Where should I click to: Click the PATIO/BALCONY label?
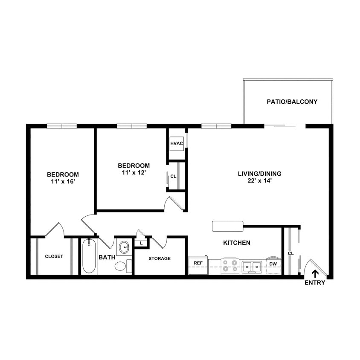(x=292, y=102)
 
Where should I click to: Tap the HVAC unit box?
(x=177, y=143)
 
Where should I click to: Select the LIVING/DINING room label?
(x=259, y=174)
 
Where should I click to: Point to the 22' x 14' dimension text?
(x=259, y=180)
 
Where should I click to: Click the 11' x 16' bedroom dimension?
(x=63, y=181)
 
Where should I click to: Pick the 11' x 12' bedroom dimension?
(x=134, y=173)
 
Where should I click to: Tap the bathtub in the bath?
(x=89, y=256)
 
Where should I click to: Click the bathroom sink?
(x=124, y=247)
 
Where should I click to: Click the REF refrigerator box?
(x=198, y=264)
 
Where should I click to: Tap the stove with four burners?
(x=230, y=266)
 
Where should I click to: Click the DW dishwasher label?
(x=273, y=264)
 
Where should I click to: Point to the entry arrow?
(x=315, y=273)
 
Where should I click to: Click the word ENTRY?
(x=315, y=283)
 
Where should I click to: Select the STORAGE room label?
(x=160, y=258)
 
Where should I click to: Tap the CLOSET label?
(x=54, y=256)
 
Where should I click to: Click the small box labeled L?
(x=141, y=243)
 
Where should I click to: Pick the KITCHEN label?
(x=237, y=243)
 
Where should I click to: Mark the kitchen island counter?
(x=227, y=226)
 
